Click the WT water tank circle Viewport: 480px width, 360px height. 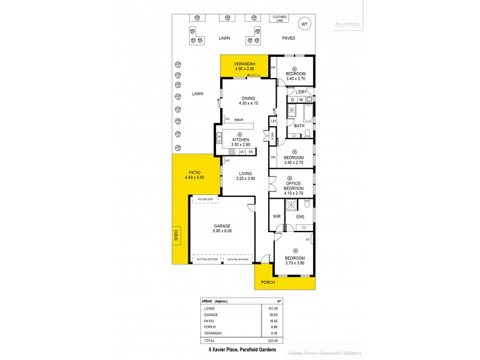pyautogui.click(x=304, y=24)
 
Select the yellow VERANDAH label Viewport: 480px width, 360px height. pyautogui.click(x=245, y=64)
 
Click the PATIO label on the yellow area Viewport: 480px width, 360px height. pyautogui.click(x=194, y=173)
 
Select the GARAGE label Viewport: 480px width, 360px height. pyautogui.click(x=221, y=226)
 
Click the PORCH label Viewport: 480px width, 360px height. pyautogui.click(x=268, y=282)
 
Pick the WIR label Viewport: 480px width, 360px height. pyautogui.click(x=277, y=217)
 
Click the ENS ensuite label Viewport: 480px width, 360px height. pyautogui.click(x=300, y=217)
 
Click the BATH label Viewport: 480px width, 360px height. pyautogui.click(x=299, y=125)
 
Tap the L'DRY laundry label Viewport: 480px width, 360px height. pyautogui.click(x=301, y=92)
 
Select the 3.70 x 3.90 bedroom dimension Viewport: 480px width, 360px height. pyautogui.click(x=295, y=263)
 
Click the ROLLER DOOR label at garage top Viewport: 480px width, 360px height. pyautogui.click(x=206, y=199)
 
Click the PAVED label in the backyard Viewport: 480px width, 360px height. pyautogui.click(x=290, y=38)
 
